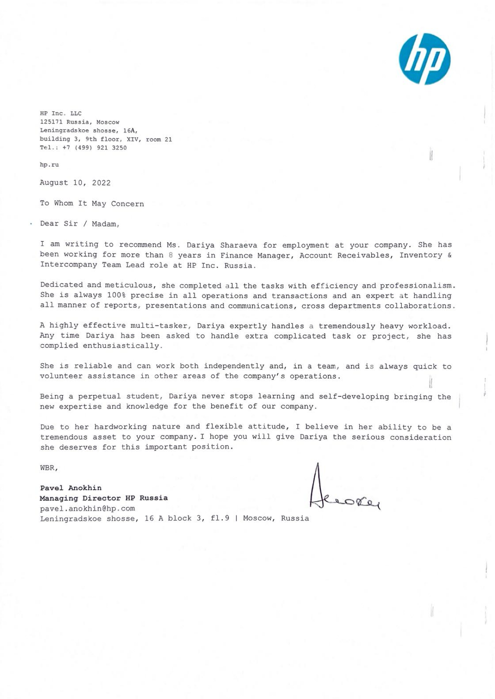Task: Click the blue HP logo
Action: tap(424, 59)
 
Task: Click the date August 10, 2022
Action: tap(75, 183)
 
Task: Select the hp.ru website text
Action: tap(49, 165)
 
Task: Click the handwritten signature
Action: tap(342, 490)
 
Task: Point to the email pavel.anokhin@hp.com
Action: tap(87, 508)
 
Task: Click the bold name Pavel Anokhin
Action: tap(71, 488)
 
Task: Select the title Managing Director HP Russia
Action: tap(104, 498)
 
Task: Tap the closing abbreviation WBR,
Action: tap(49, 468)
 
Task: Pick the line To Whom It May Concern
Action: tap(92, 203)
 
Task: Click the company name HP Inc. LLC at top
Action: tap(61, 113)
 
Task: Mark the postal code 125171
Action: tap(51, 122)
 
